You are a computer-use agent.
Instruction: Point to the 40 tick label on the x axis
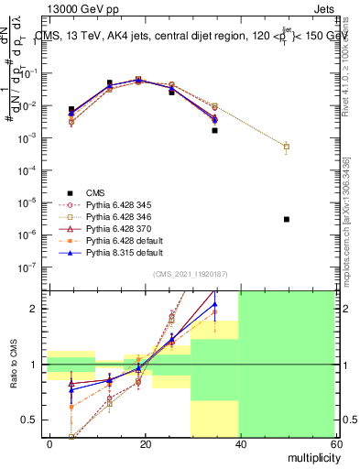[x=239, y=444]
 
